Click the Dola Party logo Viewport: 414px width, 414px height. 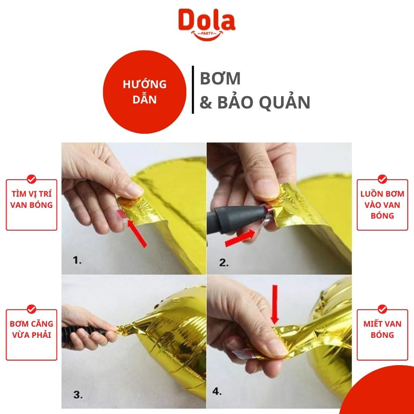207,24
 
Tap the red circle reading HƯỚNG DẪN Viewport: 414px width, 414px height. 144,92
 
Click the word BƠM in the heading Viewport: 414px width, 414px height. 220,78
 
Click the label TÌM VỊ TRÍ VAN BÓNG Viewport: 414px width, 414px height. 31,200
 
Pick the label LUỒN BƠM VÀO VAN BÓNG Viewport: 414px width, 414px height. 382,205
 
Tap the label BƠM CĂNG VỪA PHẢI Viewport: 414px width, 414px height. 31,329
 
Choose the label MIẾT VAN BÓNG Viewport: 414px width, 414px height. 382,329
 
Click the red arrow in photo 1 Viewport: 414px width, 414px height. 137,233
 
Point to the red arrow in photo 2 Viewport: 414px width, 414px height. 240,238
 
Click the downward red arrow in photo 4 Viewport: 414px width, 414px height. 275,304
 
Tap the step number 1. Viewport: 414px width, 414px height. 77,260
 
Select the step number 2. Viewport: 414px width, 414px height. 224,263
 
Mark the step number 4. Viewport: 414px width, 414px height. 217,391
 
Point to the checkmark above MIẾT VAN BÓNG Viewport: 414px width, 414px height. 382,309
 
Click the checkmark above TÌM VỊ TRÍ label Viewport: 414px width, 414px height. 31,179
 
